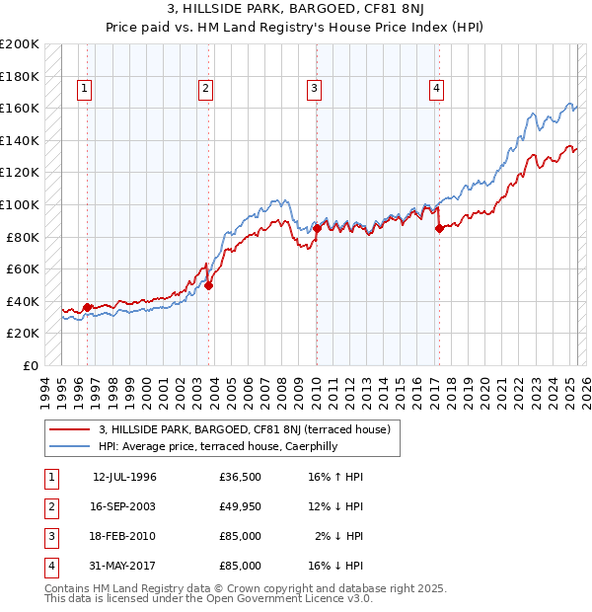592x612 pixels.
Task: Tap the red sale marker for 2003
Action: coord(208,285)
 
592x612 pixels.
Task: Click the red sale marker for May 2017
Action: coord(438,229)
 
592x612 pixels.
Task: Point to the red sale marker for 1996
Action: coord(87,307)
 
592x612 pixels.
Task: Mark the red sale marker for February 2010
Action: coord(317,229)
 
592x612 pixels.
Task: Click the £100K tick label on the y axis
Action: coord(20,204)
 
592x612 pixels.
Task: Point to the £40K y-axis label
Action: coord(24,301)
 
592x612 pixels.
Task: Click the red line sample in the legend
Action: coord(69,429)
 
